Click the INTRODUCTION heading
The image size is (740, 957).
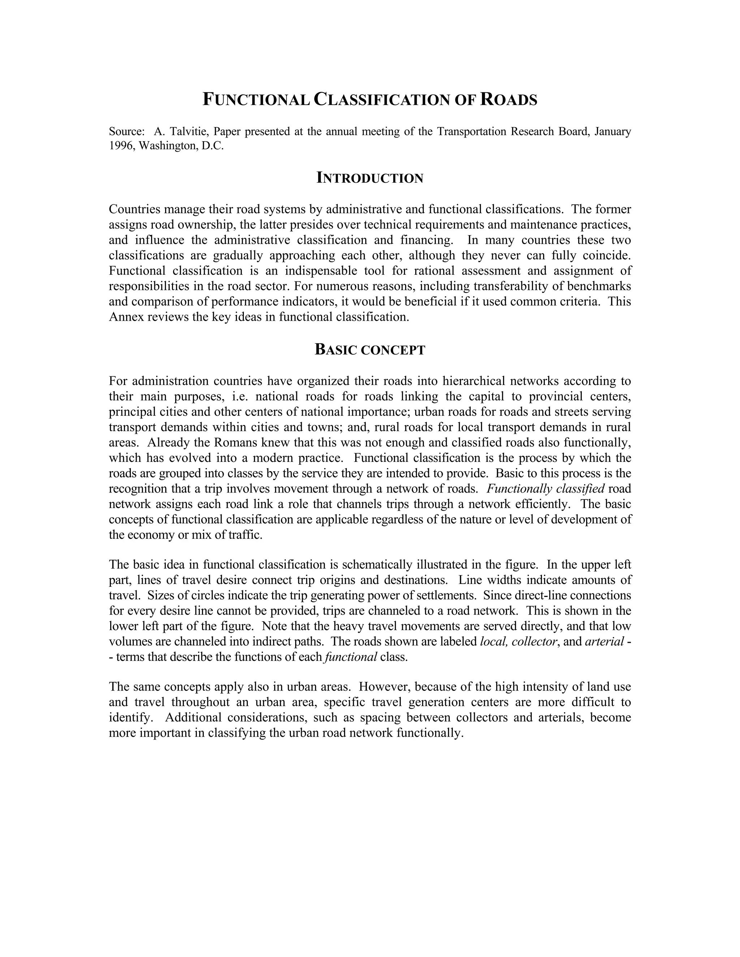click(x=370, y=178)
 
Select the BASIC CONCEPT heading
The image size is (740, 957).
click(x=370, y=350)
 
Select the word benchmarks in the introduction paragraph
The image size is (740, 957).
click(x=599, y=286)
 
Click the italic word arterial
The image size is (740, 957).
click(x=604, y=641)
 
